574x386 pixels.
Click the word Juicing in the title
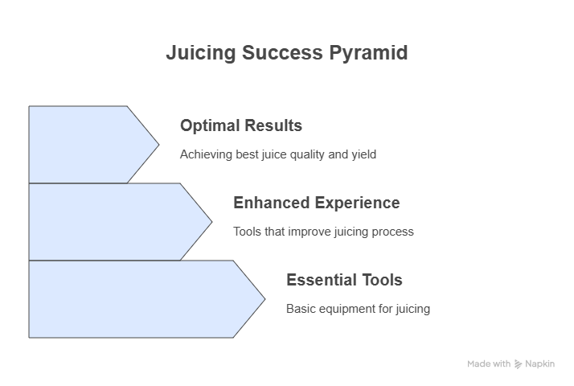pyautogui.click(x=201, y=53)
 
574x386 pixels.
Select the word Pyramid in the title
pyautogui.click(x=368, y=53)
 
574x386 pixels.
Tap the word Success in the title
pyautogui.click(x=282, y=52)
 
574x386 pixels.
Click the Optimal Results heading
pyautogui.click(x=241, y=125)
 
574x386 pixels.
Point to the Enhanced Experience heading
pyautogui.click(x=317, y=203)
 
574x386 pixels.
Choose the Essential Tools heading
pyautogui.click(x=344, y=280)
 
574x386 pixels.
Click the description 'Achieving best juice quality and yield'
pyautogui.click(x=278, y=154)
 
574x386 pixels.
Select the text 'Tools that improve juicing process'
pyautogui.click(x=324, y=232)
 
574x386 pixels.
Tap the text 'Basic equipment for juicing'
pyautogui.click(x=358, y=309)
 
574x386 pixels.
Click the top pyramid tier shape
pyautogui.click(x=88, y=145)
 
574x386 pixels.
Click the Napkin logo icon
pyautogui.click(x=518, y=364)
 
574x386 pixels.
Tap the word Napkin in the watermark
pyautogui.click(x=540, y=364)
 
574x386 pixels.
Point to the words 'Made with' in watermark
pyautogui.click(x=489, y=364)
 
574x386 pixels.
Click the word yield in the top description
pyautogui.click(x=364, y=154)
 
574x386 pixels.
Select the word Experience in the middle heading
pyautogui.click(x=357, y=203)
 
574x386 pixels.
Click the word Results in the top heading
pyautogui.click(x=273, y=125)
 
